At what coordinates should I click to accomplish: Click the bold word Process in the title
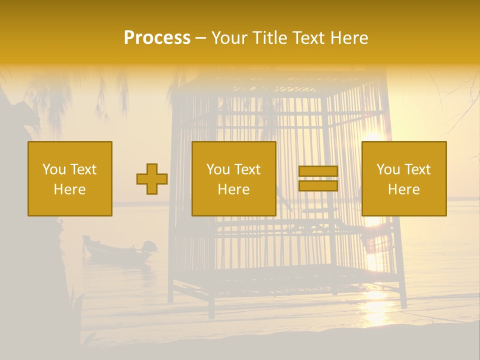pos(157,38)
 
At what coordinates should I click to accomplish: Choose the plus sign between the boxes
pos(152,179)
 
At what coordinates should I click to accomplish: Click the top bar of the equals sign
pos(318,171)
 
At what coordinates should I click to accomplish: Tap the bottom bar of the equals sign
pos(318,185)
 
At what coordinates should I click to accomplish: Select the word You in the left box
pos(54,169)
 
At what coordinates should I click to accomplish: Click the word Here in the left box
pos(69,189)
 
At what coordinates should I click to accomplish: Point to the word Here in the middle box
pos(233,189)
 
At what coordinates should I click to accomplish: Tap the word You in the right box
pos(388,169)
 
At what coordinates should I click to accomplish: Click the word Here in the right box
pos(403,189)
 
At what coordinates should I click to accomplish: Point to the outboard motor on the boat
pos(148,246)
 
